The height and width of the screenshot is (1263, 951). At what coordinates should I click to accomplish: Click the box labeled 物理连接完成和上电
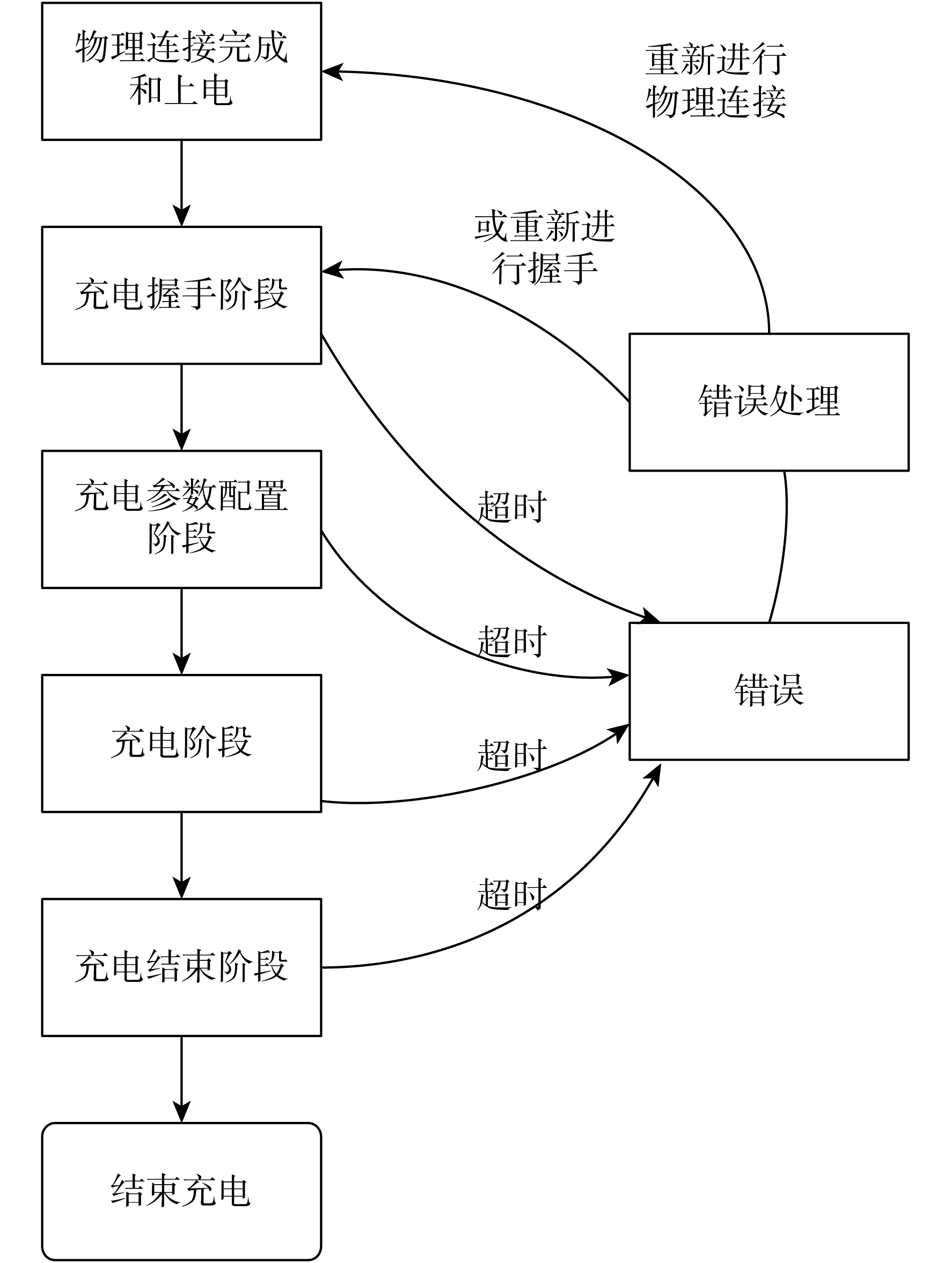pyautogui.click(x=181, y=71)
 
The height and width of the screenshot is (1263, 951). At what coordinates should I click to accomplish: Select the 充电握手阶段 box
pyautogui.click(x=181, y=295)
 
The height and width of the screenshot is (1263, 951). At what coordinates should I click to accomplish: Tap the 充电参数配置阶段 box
pyautogui.click(x=181, y=519)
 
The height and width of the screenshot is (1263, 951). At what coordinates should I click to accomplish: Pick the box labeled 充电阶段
pyautogui.click(x=181, y=743)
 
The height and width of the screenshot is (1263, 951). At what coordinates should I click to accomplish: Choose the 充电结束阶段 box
pyautogui.click(x=181, y=967)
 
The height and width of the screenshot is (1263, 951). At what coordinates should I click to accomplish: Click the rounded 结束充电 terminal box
pyautogui.click(x=181, y=1191)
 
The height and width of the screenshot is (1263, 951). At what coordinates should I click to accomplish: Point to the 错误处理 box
pyautogui.click(x=769, y=402)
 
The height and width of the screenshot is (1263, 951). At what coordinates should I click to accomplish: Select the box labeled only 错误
pyautogui.click(x=769, y=691)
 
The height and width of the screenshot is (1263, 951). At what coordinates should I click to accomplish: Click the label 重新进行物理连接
pyautogui.click(x=716, y=80)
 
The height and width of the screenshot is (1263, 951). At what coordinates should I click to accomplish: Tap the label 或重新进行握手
pyautogui.click(x=545, y=247)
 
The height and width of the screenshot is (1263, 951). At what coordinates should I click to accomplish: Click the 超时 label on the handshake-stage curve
pyautogui.click(x=512, y=506)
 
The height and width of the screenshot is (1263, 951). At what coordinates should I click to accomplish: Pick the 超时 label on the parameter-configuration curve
pyautogui.click(x=512, y=641)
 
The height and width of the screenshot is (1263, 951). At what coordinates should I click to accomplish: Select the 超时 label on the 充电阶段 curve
pyautogui.click(x=512, y=755)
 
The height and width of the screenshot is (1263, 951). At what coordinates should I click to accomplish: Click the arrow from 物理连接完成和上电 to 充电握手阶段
pyautogui.click(x=181, y=183)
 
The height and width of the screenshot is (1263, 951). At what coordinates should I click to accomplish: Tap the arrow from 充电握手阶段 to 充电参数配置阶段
pyautogui.click(x=181, y=407)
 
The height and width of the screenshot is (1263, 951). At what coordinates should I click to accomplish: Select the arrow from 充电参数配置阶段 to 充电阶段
pyautogui.click(x=181, y=631)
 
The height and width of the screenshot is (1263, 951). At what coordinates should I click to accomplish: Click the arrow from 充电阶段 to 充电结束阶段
pyautogui.click(x=181, y=855)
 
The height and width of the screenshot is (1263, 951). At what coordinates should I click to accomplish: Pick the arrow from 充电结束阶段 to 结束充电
pyautogui.click(x=181, y=1079)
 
